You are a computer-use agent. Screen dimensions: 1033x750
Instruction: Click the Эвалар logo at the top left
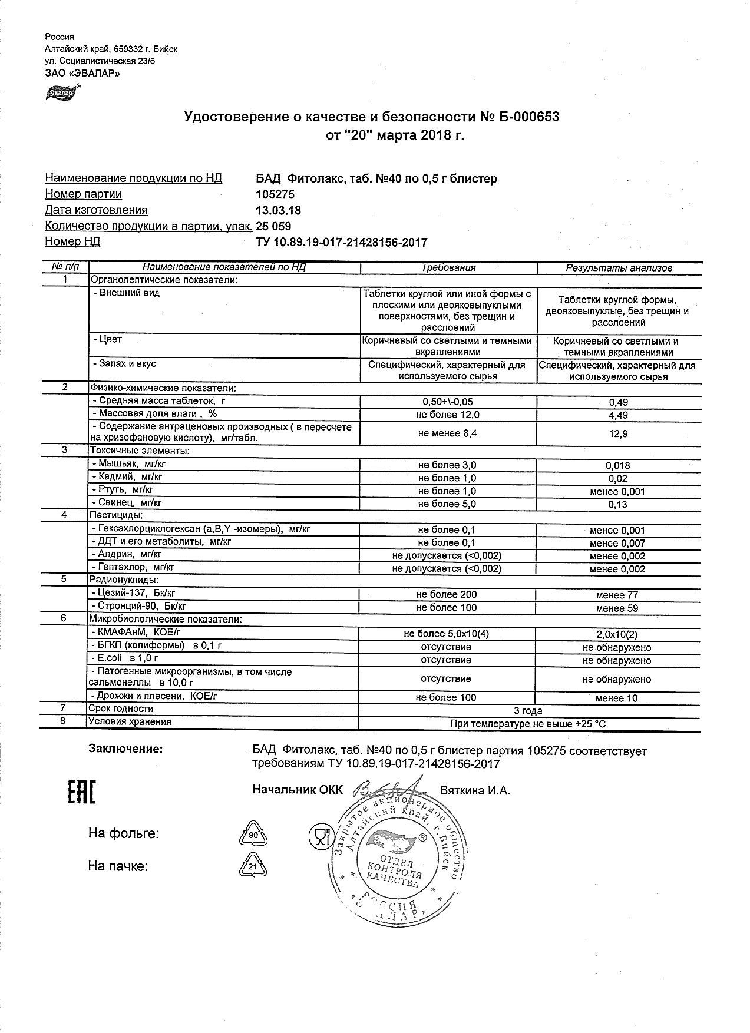pyautogui.click(x=61, y=93)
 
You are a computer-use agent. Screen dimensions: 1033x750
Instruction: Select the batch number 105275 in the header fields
pyautogui.click(x=275, y=194)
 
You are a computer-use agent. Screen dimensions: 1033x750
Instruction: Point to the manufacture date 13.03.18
pyautogui.click(x=278, y=210)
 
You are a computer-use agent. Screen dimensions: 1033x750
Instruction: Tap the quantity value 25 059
pyautogui.click(x=273, y=226)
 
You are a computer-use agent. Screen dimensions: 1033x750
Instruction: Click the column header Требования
pyautogui.click(x=448, y=267)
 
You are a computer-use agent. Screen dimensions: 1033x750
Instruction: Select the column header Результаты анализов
pyautogui.click(x=619, y=267)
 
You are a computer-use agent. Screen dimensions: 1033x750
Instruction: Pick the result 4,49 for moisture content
pyautogui.click(x=618, y=415)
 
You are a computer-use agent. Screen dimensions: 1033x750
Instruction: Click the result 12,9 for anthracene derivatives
pyautogui.click(x=618, y=433)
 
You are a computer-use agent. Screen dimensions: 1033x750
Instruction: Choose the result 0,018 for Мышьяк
pyautogui.click(x=618, y=465)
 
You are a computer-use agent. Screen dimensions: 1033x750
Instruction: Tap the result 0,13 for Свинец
pyautogui.click(x=618, y=504)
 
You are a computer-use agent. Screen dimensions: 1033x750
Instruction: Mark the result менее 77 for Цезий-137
pyautogui.click(x=617, y=595)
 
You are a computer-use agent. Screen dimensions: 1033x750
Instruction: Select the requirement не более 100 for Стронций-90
pyautogui.click(x=446, y=608)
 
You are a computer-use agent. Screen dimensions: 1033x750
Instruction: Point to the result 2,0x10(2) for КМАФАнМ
pyautogui.click(x=617, y=634)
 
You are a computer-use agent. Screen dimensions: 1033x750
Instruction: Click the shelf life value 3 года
pyautogui.click(x=528, y=711)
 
